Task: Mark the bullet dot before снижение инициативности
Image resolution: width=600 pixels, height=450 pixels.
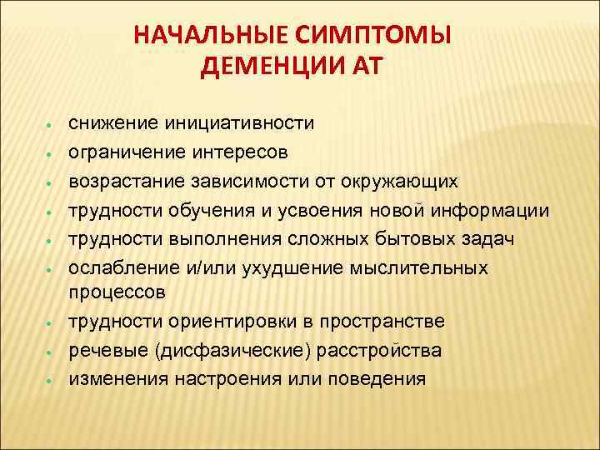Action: (x=51, y=126)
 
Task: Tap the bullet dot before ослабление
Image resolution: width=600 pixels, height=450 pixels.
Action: (x=51, y=269)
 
